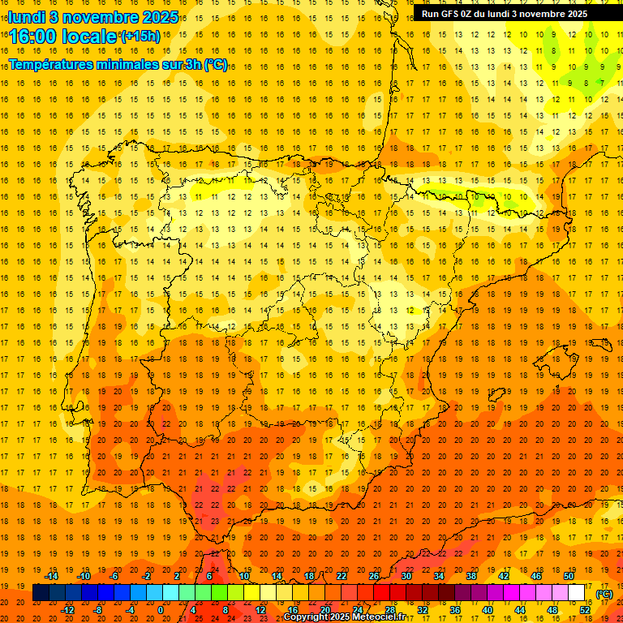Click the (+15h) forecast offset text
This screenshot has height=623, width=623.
click(140, 36)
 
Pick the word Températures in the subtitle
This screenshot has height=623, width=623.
click(51, 64)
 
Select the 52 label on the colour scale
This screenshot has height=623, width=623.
click(586, 610)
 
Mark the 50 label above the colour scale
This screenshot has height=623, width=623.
click(569, 576)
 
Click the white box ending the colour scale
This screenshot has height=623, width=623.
click(577, 593)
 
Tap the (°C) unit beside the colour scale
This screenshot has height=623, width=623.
click(604, 593)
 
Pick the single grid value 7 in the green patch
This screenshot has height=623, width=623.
click(600, 83)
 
